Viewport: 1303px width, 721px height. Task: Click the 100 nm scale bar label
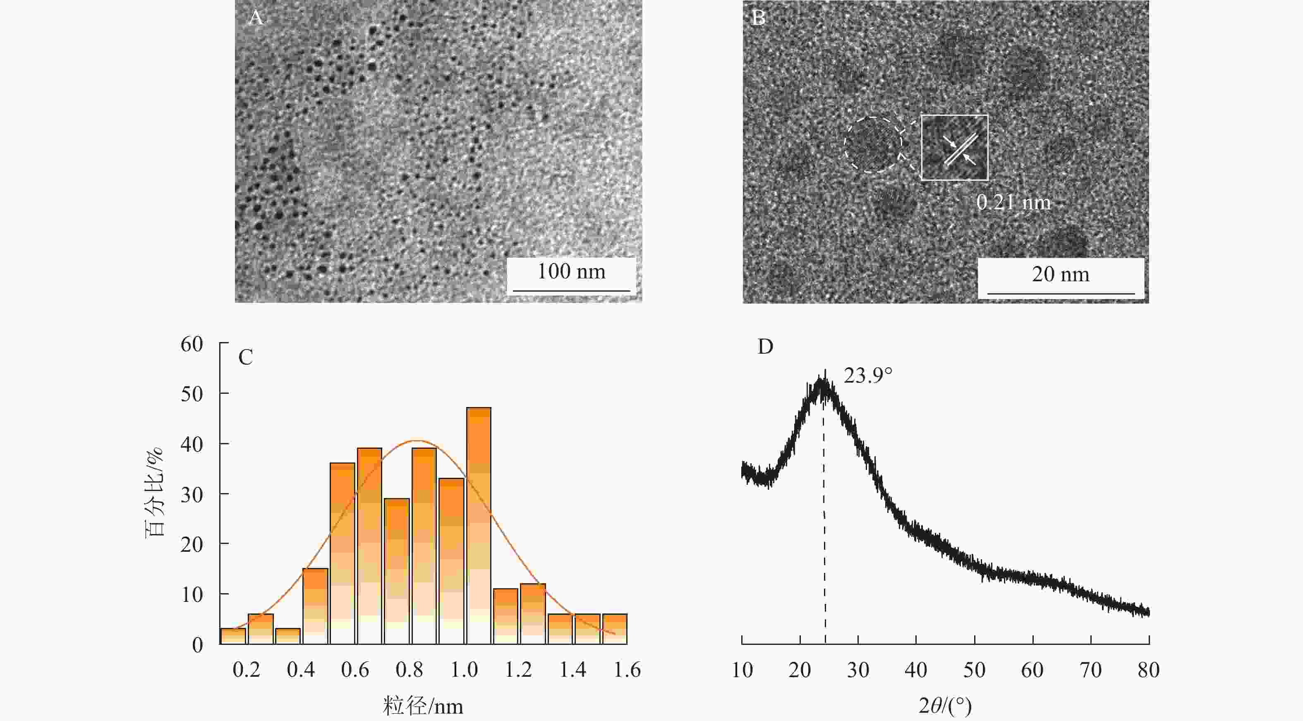click(x=571, y=272)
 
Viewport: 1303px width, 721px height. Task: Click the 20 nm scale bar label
click(x=1061, y=274)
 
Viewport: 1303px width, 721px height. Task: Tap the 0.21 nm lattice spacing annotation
click(x=1013, y=202)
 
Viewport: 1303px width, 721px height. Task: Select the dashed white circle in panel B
click(x=873, y=145)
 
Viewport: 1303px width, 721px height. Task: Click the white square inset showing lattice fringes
click(x=954, y=147)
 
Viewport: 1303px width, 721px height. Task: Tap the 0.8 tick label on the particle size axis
click(x=409, y=670)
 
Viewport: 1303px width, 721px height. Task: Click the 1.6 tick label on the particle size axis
click(x=627, y=670)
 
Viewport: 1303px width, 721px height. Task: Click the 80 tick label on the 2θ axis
click(x=1149, y=670)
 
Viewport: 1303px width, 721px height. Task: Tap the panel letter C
click(x=245, y=358)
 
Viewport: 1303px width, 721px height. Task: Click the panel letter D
click(x=765, y=347)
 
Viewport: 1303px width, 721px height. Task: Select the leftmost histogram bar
click(x=233, y=636)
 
